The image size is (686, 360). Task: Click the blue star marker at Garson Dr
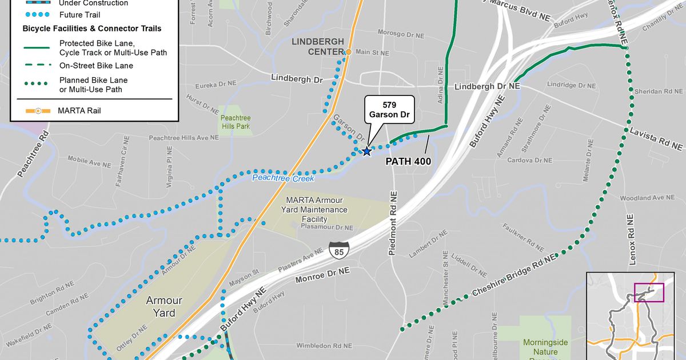(366, 151)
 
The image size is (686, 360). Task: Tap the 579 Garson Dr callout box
(390, 109)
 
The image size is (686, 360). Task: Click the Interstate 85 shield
(338, 249)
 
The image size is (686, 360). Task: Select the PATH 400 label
(408, 162)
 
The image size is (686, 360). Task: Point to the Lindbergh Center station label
(318, 47)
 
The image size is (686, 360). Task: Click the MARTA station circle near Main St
(348, 52)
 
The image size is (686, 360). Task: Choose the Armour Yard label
(164, 307)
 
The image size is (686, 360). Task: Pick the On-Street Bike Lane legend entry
(95, 66)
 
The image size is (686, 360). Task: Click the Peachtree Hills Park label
(236, 122)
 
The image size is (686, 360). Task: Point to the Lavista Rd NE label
(656, 139)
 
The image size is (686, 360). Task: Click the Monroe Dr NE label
(322, 273)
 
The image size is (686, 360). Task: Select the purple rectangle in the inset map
(648, 292)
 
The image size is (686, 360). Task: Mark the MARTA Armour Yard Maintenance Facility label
(316, 209)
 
